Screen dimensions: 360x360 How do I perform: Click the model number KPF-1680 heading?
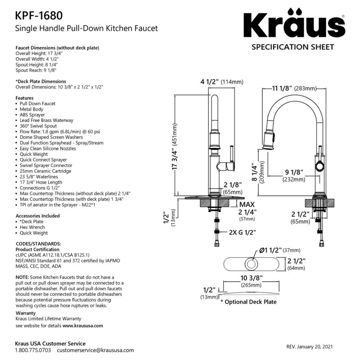[39, 16]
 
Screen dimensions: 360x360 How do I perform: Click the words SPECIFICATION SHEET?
[293, 47]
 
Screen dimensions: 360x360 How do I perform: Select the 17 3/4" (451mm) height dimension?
[175, 147]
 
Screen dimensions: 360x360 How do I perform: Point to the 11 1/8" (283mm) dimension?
[294, 88]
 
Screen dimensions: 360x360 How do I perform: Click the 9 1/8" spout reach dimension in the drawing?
[294, 175]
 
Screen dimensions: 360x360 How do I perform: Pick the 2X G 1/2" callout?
[243, 232]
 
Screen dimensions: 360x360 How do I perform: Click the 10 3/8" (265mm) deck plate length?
[251, 281]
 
